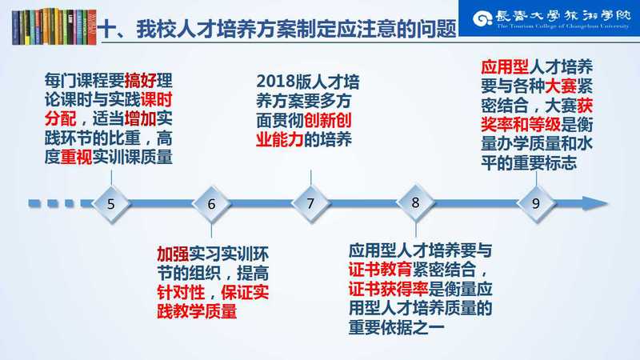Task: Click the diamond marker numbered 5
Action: [x=111, y=204]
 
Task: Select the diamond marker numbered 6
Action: [x=211, y=204]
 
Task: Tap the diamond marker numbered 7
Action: [x=310, y=203]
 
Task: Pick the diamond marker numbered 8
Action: [x=415, y=202]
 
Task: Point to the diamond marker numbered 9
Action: [x=536, y=203]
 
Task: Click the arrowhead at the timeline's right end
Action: [x=595, y=203]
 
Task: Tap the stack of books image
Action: [x=54, y=26]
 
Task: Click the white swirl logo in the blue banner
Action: [x=482, y=18]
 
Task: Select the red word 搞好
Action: [x=141, y=81]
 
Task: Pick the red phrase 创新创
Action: [x=328, y=121]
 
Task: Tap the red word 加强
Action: [x=173, y=254]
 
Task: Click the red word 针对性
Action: [x=181, y=292]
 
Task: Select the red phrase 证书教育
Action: [x=381, y=270]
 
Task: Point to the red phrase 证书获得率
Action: [x=388, y=289]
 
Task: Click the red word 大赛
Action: [x=561, y=86]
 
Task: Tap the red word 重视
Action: [x=76, y=157]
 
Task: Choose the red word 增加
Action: [x=141, y=118]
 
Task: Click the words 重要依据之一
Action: [x=396, y=328]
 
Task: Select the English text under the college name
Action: [x=563, y=26]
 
